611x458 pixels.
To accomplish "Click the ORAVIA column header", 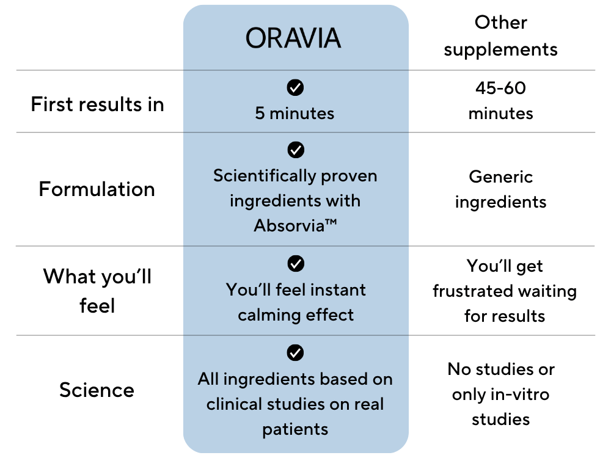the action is [x=293, y=38].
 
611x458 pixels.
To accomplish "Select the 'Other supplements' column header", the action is [x=501, y=36].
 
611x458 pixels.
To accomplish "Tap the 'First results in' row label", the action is [x=97, y=104].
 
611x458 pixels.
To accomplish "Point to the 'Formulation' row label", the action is [x=97, y=189].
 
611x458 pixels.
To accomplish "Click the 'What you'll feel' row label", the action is [x=97, y=291].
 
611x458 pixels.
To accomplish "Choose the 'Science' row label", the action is [x=97, y=390].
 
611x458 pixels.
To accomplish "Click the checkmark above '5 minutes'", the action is [x=295, y=87].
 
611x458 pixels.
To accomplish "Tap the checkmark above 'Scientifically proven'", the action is [x=296, y=150].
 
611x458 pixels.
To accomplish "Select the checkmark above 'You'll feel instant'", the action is [x=296, y=264].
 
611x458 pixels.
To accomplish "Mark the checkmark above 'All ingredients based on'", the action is [x=295, y=353].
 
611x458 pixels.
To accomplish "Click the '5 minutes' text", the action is [x=295, y=114].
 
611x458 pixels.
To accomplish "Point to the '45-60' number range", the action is [x=501, y=88].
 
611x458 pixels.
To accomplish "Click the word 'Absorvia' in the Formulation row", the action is [x=289, y=226].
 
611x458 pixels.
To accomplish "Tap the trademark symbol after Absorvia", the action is [x=331, y=222].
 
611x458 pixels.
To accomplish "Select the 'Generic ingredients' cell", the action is [x=501, y=189].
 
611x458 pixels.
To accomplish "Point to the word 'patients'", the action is [x=295, y=429].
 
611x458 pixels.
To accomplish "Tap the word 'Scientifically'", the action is [x=265, y=176].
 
